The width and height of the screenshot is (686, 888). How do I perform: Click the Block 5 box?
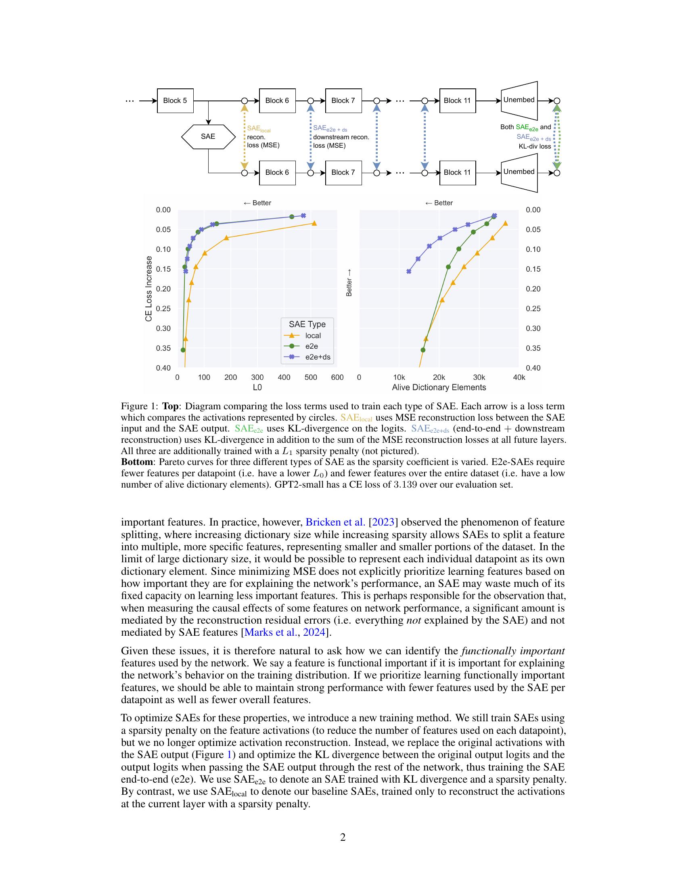tap(175, 101)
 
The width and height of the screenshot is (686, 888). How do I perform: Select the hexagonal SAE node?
tap(208, 136)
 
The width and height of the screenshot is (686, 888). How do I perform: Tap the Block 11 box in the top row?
tap(457, 101)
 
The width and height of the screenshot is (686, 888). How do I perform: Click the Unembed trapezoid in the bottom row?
tap(519, 172)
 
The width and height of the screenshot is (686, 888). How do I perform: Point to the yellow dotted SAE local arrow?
tap(244, 136)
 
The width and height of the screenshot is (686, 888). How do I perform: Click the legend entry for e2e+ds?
tap(318, 357)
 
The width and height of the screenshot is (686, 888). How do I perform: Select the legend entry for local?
tap(312, 335)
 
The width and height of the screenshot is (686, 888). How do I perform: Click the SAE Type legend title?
tap(307, 324)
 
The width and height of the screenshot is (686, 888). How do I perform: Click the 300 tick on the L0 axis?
tap(257, 377)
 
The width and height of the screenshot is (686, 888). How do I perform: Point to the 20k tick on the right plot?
tap(439, 377)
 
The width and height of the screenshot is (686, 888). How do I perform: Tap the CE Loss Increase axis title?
tap(149, 288)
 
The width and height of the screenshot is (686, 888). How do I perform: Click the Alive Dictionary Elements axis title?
tap(439, 387)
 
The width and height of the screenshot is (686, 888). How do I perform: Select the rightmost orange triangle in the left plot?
tap(314, 223)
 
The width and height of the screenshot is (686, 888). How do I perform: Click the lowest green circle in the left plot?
tap(183, 350)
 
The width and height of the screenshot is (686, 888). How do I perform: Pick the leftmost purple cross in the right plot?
tap(409, 271)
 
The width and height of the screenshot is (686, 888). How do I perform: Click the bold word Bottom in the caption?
tap(137, 462)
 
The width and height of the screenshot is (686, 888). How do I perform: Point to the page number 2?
tap(343, 837)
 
